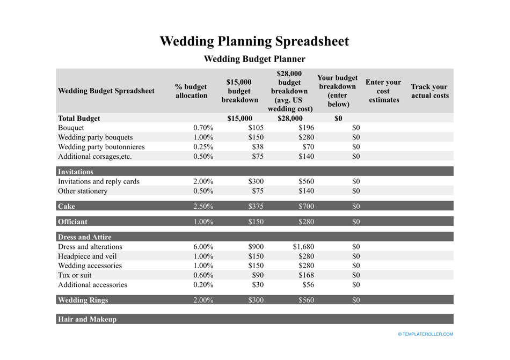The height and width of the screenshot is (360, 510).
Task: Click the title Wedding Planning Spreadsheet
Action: tap(254, 41)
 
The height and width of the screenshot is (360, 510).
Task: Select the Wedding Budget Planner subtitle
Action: tap(254, 59)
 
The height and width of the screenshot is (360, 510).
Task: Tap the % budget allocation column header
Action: tap(191, 91)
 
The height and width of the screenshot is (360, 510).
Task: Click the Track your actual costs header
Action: tap(429, 91)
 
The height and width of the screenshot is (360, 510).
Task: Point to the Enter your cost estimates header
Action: tap(383, 91)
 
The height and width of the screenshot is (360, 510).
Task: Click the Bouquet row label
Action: tap(71, 128)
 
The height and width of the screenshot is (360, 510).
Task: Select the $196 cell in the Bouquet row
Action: tap(306, 128)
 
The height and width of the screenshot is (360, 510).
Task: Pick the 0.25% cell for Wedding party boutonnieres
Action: tap(203, 147)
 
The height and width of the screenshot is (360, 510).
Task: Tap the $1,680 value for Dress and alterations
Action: tap(303, 247)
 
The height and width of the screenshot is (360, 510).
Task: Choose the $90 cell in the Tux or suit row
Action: tap(257, 275)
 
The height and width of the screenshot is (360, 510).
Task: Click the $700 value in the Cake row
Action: tap(306, 206)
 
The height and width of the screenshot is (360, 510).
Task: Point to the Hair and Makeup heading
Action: tap(87, 319)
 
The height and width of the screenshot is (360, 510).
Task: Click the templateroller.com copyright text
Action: tap(425, 334)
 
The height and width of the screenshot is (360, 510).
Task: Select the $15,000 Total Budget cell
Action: tap(239, 118)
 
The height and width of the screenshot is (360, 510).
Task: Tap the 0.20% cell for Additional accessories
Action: tap(203, 285)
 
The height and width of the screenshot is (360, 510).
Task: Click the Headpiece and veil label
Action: tap(87, 256)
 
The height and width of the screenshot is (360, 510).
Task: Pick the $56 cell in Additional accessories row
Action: tap(308, 285)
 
